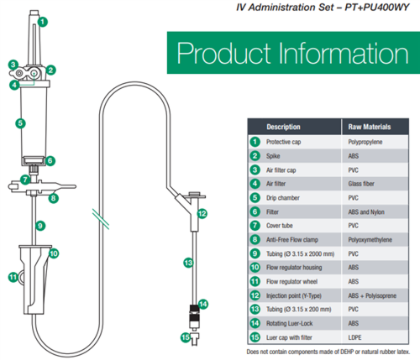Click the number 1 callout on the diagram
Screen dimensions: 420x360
point(43,22)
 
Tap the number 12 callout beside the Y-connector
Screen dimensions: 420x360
point(202,214)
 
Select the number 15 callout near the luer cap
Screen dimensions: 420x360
point(186,337)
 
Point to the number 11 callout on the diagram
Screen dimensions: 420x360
point(13,277)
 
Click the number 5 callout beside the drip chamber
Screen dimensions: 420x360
point(20,123)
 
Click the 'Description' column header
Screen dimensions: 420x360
point(283,127)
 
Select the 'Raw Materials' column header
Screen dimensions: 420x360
point(370,127)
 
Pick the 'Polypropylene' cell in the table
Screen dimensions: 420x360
point(365,142)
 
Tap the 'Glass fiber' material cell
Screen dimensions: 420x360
point(361,184)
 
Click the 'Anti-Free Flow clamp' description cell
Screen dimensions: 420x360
point(292,240)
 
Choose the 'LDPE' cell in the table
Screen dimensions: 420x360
point(354,337)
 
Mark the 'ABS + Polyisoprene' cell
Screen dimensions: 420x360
point(372,295)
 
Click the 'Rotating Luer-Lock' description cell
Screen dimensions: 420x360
point(289,324)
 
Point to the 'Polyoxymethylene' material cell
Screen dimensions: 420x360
point(370,240)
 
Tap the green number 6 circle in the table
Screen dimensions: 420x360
point(255,211)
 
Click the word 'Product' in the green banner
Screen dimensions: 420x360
point(224,53)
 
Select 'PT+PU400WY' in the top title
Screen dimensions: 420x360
point(377,8)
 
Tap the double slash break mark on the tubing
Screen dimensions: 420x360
point(101,219)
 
